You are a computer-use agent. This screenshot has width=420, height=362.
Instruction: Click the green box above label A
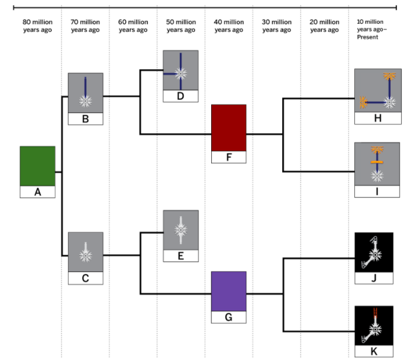[37, 166]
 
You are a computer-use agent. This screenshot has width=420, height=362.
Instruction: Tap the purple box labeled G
[229, 291]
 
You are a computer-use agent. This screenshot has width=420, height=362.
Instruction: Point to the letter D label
[180, 96]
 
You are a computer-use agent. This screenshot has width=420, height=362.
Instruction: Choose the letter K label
[374, 351]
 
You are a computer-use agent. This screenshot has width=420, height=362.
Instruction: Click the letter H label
[377, 118]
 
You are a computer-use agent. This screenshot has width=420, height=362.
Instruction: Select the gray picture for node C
[86, 251]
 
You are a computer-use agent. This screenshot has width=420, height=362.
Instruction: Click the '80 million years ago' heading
[37, 26]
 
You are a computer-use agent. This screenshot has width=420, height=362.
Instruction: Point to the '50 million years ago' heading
[181, 26]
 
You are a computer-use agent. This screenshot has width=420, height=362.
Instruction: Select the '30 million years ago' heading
[277, 26]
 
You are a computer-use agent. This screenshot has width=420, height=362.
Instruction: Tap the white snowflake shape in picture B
[86, 101]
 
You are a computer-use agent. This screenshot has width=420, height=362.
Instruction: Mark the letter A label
[37, 192]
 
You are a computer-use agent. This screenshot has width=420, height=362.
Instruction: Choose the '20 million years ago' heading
[324, 26]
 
